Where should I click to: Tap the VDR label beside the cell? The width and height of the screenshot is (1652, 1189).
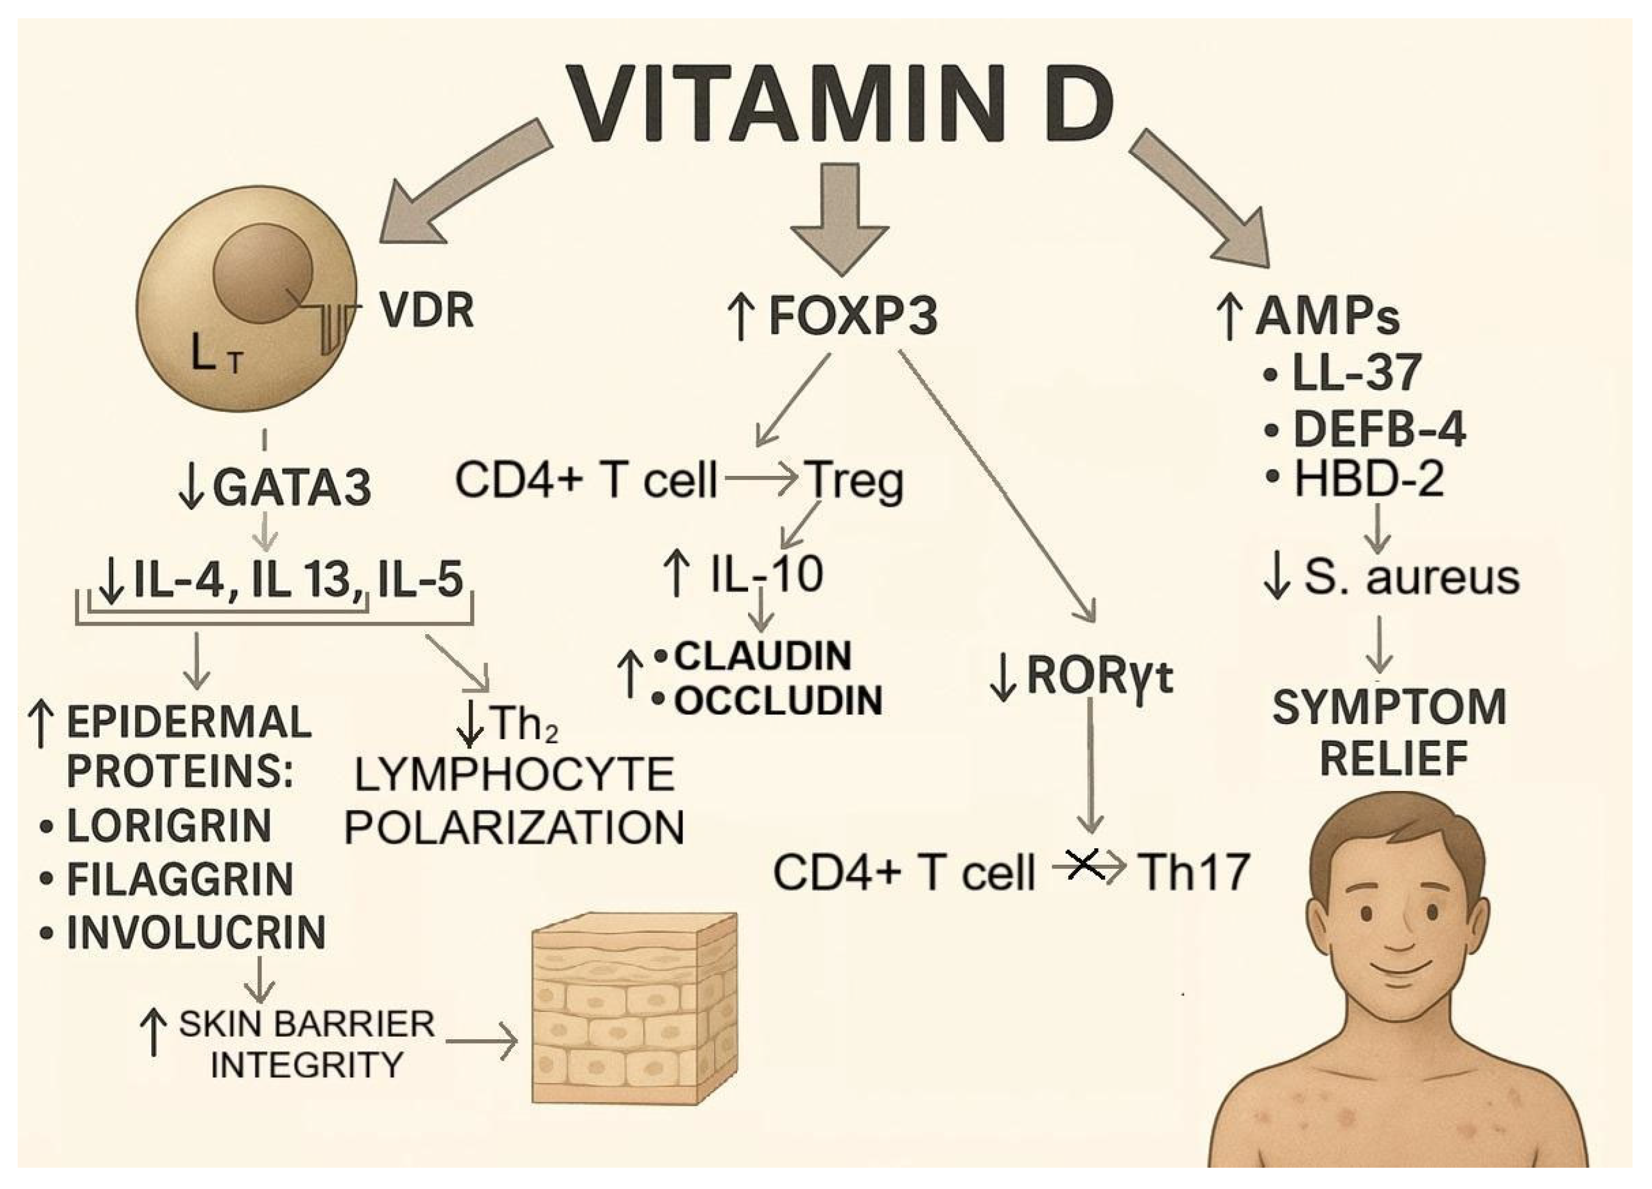tap(427, 310)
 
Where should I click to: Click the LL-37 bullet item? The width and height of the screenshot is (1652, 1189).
tap(1355, 373)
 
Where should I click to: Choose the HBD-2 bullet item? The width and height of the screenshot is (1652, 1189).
tap(1368, 481)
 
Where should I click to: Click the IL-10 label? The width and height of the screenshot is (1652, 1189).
tap(765, 574)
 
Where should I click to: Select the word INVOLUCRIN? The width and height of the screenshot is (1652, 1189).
tap(196, 933)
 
